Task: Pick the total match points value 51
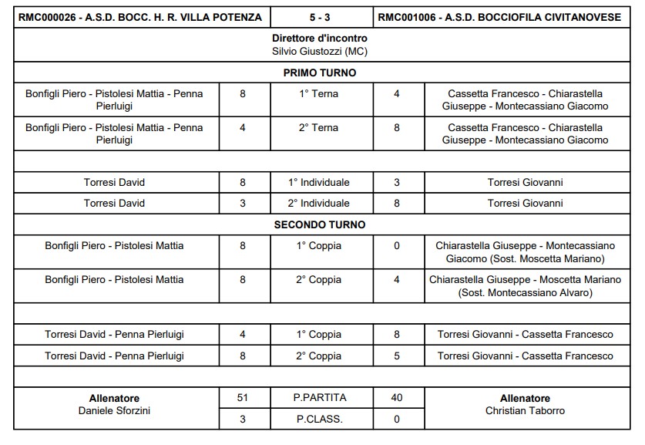click(243, 398)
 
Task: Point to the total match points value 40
click(397, 398)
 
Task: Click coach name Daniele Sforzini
click(115, 411)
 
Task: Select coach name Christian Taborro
click(525, 411)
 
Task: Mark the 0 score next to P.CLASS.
click(397, 420)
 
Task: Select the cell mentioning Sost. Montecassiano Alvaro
click(525, 286)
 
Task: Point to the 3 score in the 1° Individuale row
click(397, 183)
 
